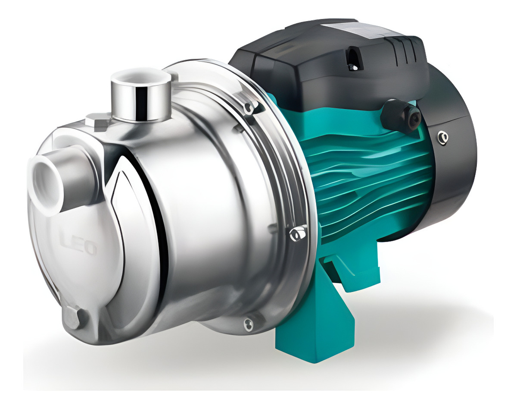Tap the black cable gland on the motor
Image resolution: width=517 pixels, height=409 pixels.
tap(399, 113)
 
